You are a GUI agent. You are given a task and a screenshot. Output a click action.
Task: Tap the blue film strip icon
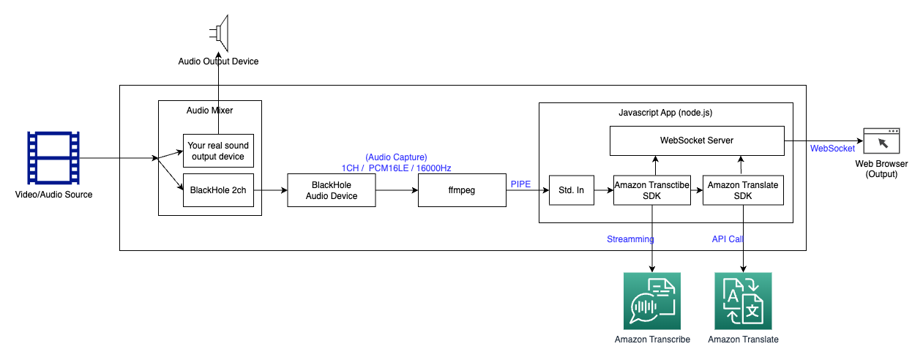(53, 158)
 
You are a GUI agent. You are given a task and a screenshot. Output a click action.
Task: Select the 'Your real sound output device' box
(217, 151)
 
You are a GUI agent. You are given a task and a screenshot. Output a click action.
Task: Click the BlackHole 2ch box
(217, 190)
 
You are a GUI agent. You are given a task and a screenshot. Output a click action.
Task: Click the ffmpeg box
(461, 190)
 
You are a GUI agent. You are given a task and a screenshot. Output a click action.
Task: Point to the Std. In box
(571, 190)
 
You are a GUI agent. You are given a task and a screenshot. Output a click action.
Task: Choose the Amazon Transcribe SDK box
(651, 190)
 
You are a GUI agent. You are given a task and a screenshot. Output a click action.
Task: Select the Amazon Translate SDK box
(744, 190)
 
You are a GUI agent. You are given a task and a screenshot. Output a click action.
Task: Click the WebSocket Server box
(697, 140)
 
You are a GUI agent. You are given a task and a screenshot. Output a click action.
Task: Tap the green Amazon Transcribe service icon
(652, 301)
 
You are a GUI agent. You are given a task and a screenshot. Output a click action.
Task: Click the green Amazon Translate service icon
(743, 301)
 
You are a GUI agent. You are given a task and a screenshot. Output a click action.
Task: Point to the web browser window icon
(882, 140)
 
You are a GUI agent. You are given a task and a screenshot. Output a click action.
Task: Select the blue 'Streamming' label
(630, 239)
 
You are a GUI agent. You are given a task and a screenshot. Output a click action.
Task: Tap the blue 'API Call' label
(728, 239)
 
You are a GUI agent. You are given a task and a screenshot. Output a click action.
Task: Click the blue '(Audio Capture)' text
(396, 157)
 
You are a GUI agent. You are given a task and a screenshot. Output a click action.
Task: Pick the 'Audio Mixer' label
(209, 110)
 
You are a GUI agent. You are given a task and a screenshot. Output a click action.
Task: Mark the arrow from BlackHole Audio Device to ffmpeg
(397, 190)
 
